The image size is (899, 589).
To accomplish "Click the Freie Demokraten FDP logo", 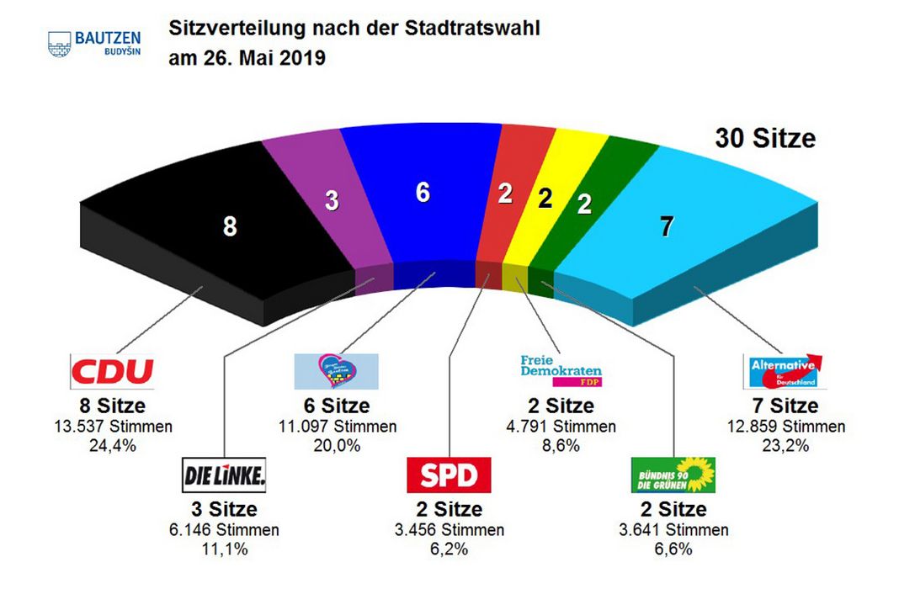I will click(x=562, y=369).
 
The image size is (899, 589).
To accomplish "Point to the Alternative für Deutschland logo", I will click(x=783, y=371).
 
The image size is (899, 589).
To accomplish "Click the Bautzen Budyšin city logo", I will click(x=94, y=42).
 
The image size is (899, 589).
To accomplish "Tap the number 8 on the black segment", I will click(x=229, y=226).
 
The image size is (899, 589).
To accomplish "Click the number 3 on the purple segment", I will click(x=332, y=200).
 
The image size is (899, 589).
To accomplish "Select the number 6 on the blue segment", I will click(x=423, y=193).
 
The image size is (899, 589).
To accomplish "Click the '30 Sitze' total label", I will click(x=764, y=138).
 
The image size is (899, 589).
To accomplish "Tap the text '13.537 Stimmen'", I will click(x=112, y=427).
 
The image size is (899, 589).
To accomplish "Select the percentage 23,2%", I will click(x=785, y=446).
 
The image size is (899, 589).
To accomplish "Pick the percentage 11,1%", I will click(x=224, y=549).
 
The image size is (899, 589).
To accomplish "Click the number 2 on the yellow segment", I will click(x=545, y=199).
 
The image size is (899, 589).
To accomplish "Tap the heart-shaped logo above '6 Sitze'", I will click(x=336, y=371).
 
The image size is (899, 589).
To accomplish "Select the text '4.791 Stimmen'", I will click(x=562, y=427).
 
